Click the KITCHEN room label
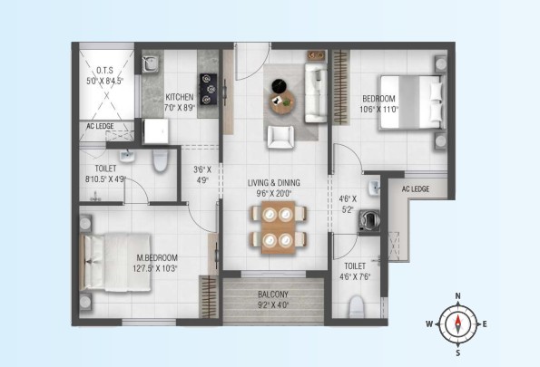[x=180, y=97]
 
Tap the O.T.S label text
[x=104, y=71]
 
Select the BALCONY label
[x=273, y=295]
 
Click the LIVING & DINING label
[x=274, y=183]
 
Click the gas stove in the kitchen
[x=209, y=89]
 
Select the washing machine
[x=369, y=220]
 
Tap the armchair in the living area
[x=281, y=137]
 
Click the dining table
[x=279, y=227]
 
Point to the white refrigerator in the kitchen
[x=156, y=131]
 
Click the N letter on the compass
[x=458, y=296]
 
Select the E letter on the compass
[x=485, y=324]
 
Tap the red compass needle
[x=458, y=320]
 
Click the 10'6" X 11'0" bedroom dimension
[x=378, y=110]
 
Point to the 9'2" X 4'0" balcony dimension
[x=273, y=304]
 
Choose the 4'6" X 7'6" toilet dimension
[x=355, y=276]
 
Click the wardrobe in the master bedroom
[x=209, y=296]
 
